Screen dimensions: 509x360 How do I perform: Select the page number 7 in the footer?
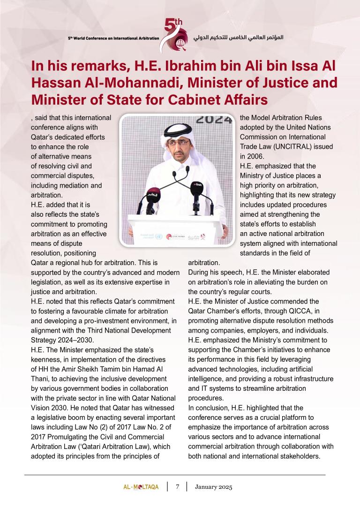(x=178, y=487)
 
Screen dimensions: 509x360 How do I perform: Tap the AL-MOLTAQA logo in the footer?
(x=138, y=487)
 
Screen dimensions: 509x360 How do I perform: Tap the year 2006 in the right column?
(x=256, y=156)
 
